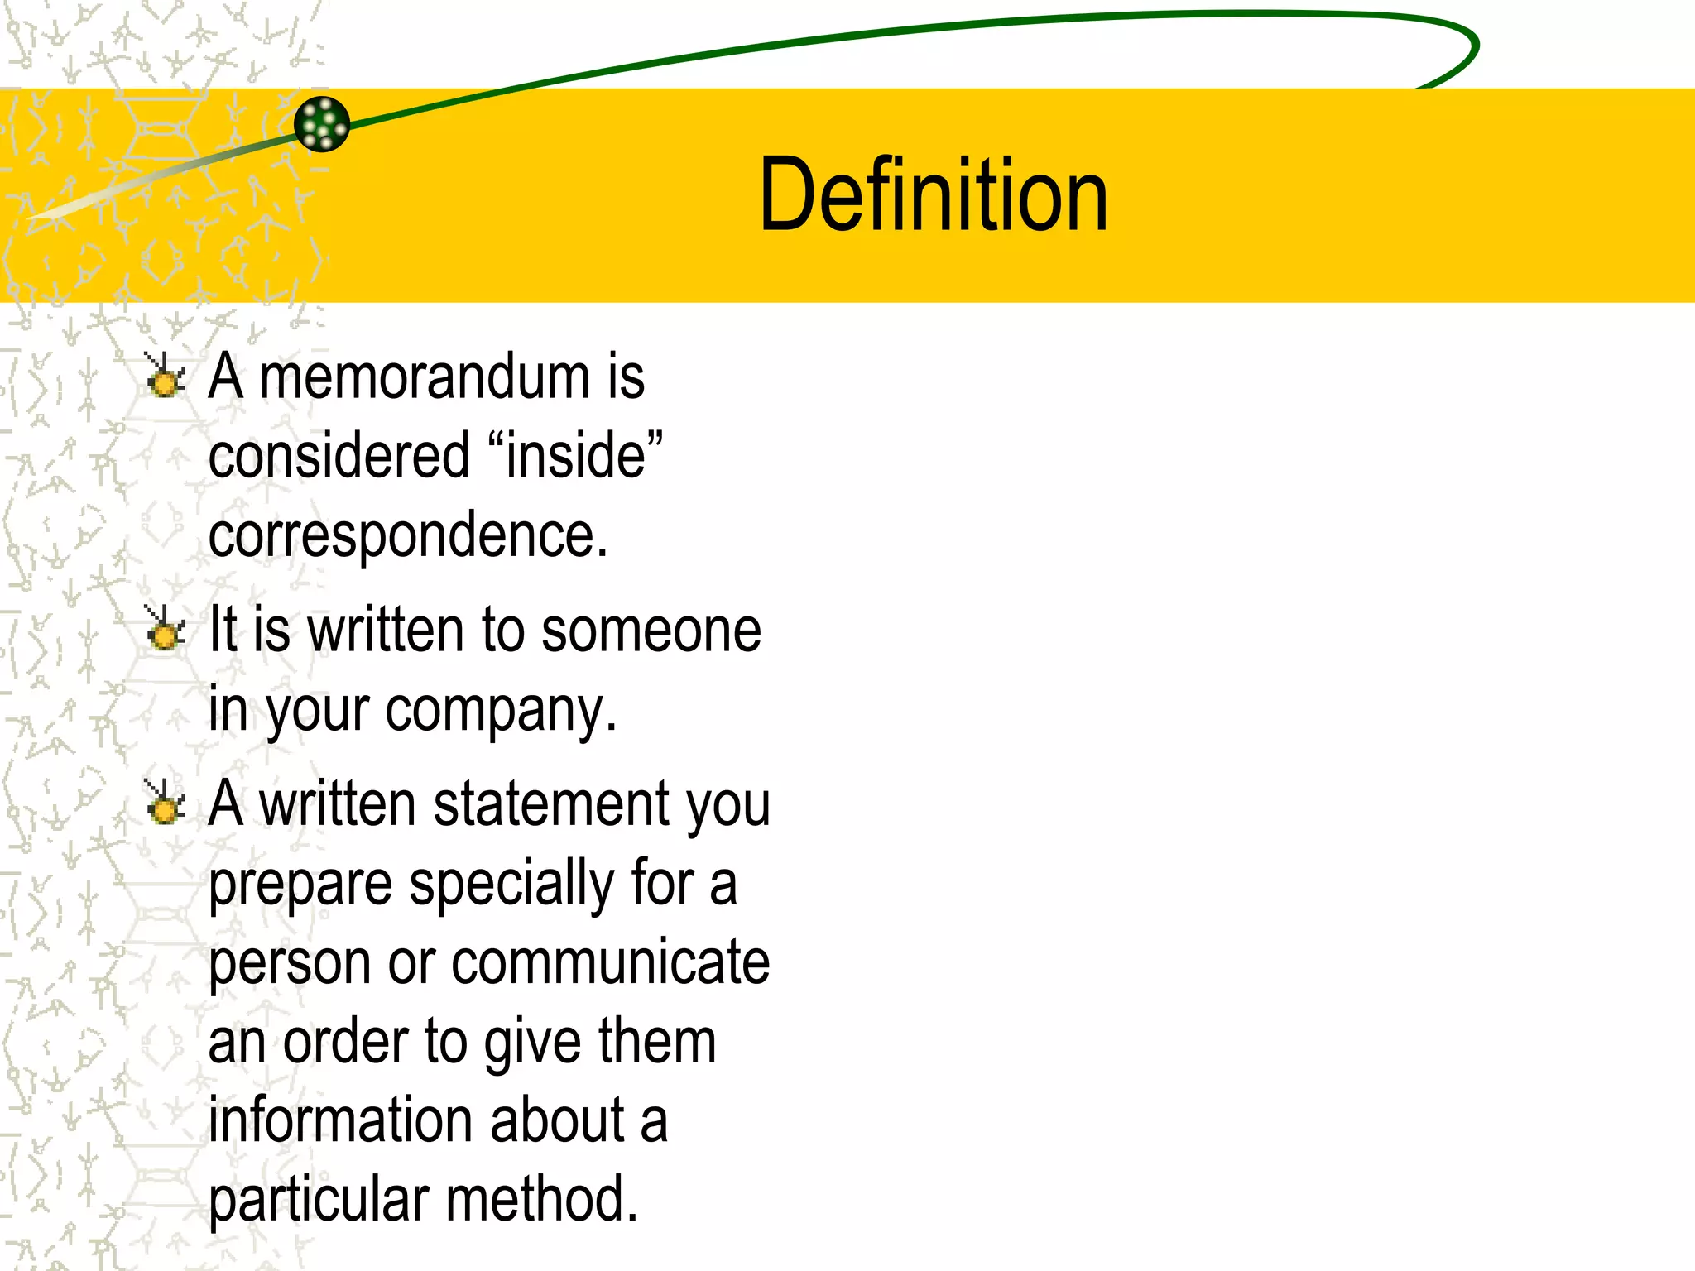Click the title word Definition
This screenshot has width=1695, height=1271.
[933, 195]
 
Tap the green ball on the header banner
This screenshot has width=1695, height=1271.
[322, 124]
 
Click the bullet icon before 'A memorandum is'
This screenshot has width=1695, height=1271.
[165, 376]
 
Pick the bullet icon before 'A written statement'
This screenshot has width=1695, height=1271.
[165, 803]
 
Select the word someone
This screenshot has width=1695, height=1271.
[651, 631]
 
